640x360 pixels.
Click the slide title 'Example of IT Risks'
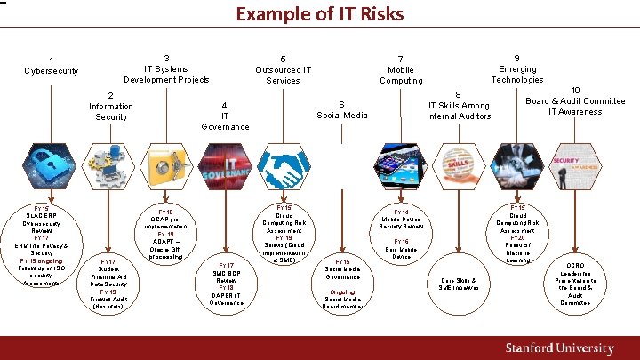(319, 14)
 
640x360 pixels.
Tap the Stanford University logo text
(559, 348)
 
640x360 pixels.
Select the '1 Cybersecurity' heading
(52, 66)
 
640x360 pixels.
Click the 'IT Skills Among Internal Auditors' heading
(459, 105)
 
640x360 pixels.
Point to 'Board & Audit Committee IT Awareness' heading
(575, 100)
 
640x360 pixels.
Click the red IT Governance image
(227, 169)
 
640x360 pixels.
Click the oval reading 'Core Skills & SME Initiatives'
(459, 284)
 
